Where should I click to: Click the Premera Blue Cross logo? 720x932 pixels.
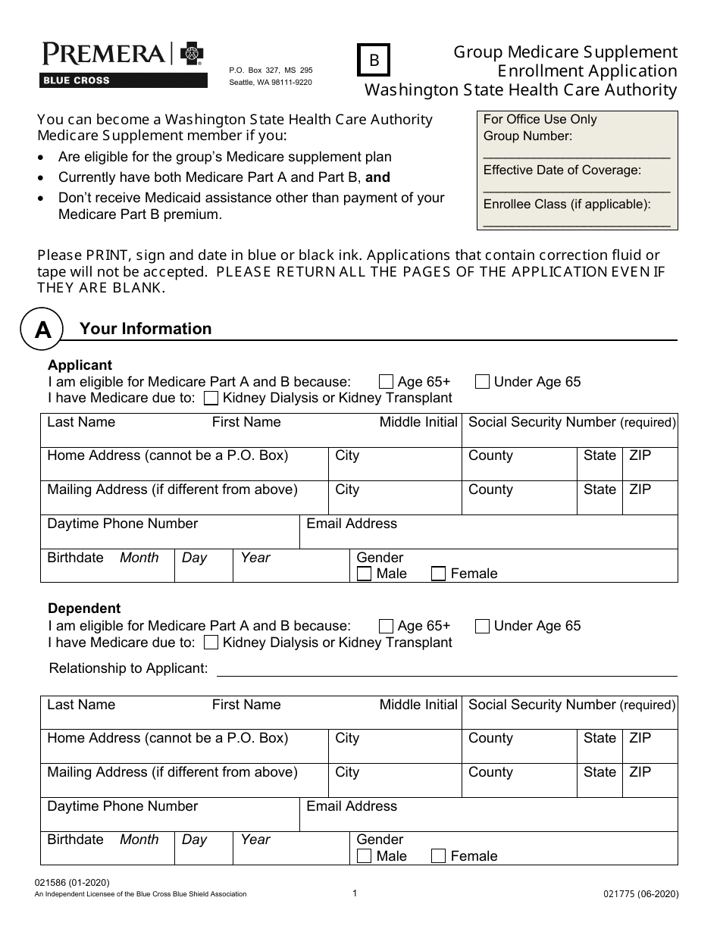(123, 64)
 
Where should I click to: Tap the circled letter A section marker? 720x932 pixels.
(43, 329)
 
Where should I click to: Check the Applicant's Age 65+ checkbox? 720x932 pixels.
(386, 382)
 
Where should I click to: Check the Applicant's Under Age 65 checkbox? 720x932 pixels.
(482, 382)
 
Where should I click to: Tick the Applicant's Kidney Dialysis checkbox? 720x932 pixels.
(212, 399)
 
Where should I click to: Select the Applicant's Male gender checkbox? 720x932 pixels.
(364, 574)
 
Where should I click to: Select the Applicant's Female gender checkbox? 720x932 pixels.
(438, 574)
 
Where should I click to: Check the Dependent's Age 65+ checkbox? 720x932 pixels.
(386, 626)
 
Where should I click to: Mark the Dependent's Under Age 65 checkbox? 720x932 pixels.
(482, 626)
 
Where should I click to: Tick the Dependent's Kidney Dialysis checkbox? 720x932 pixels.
(212, 643)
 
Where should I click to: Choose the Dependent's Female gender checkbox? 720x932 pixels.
(438, 856)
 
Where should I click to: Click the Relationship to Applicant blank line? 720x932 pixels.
(447, 669)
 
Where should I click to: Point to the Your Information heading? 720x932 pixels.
(146, 329)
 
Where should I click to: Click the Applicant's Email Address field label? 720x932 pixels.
(351, 524)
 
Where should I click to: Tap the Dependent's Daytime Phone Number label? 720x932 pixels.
(122, 806)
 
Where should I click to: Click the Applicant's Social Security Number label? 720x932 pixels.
(571, 422)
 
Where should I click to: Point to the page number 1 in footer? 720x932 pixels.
(355, 893)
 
